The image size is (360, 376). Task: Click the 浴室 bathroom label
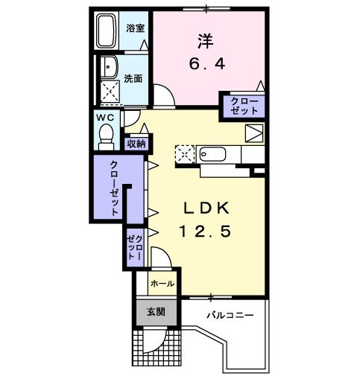pos(135,28)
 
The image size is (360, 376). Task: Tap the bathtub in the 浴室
pos(107,31)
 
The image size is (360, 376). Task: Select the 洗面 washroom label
pos(133,79)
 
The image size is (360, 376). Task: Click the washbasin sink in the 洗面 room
pos(110,67)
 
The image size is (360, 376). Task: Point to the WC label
pos(105,118)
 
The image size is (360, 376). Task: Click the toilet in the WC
pos(106,137)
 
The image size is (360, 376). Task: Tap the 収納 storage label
pos(136,144)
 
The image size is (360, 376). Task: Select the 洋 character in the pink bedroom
pos(206,41)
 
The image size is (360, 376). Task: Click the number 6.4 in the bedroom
pos(207,64)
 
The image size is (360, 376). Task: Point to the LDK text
pos(206,208)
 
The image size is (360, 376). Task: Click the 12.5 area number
pos(205,232)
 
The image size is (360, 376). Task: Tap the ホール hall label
pos(162,283)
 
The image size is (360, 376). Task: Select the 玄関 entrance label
pos(156,312)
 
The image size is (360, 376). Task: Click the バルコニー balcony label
pos(230,316)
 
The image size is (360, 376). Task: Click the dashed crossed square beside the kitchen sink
pos(185,154)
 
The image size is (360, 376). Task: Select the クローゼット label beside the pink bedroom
pos(244,106)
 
